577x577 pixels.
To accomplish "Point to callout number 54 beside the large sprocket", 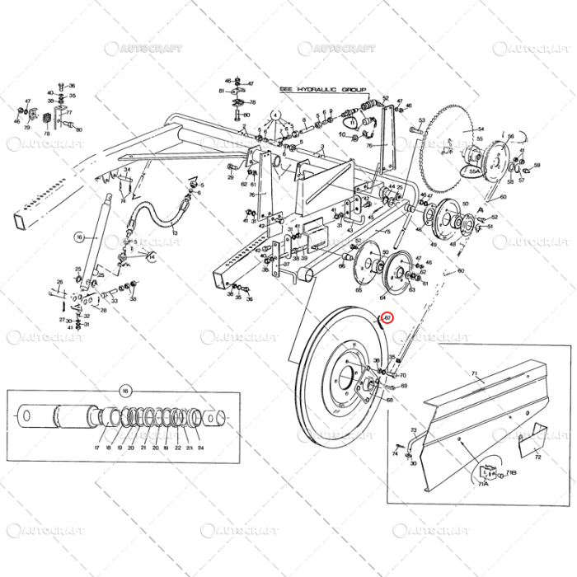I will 481,129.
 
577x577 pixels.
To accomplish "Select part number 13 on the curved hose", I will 176,232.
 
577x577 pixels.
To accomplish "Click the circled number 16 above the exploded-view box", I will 126,391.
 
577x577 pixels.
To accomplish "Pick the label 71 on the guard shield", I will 474,373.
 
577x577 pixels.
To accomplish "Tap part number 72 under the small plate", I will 537,456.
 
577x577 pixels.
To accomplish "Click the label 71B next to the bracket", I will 510,472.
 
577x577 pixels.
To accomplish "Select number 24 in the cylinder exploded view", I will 200,448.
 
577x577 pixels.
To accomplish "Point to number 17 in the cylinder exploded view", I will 96,448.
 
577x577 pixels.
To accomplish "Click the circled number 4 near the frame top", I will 274,114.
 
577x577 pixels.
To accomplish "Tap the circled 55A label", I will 474,171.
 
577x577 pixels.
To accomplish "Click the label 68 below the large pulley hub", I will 388,400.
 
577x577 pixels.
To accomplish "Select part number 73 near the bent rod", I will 413,430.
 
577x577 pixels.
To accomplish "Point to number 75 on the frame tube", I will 387,233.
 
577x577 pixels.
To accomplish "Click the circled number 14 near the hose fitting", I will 151,256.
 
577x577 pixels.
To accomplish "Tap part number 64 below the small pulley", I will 382,298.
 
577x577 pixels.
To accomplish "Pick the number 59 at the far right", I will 537,166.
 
